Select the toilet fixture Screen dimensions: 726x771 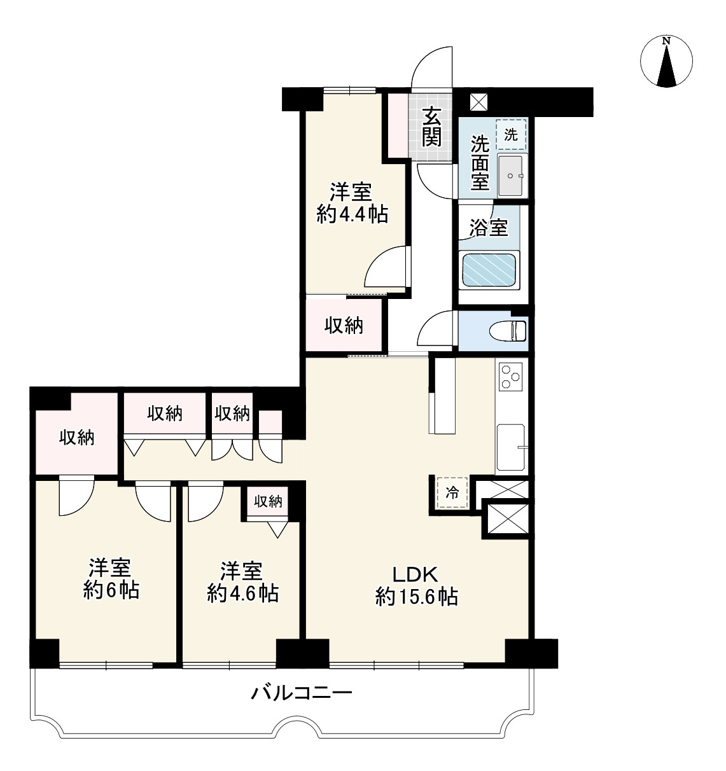coord(508,331)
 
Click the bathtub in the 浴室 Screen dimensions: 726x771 coord(489,270)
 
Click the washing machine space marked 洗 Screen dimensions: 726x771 coord(511,135)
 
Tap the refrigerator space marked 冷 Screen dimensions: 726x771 coord(452,492)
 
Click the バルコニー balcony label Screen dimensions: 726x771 coord(302,693)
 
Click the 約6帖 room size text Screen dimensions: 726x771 coord(111,590)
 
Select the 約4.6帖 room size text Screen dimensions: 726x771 coord(242,594)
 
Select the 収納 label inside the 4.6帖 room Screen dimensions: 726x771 coord(268,502)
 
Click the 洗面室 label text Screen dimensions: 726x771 coord(480,163)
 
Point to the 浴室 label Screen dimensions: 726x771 coord(489,228)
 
